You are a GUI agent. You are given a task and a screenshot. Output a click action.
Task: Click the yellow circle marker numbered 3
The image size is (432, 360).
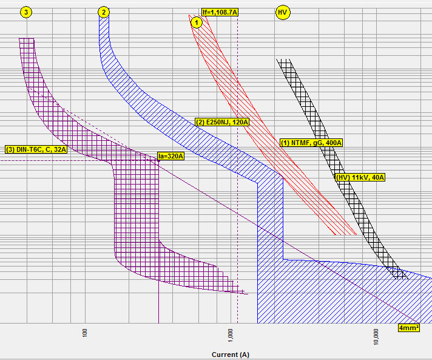click(x=25, y=12)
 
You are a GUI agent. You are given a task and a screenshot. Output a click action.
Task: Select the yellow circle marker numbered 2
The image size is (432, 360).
click(x=104, y=12)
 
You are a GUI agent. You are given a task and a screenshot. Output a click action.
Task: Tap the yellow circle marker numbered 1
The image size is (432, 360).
click(x=196, y=22)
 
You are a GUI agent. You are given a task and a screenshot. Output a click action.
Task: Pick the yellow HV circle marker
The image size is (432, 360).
click(x=282, y=12)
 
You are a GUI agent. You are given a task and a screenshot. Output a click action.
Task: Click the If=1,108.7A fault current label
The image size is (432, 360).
click(x=219, y=12)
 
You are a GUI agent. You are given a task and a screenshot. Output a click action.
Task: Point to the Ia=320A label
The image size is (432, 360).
click(x=170, y=156)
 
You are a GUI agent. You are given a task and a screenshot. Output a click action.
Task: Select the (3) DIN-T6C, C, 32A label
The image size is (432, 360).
click(x=36, y=149)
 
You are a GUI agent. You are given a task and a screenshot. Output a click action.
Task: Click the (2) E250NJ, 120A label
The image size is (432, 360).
click(x=222, y=122)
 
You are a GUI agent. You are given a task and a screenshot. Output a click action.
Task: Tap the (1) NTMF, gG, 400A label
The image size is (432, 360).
click(x=311, y=143)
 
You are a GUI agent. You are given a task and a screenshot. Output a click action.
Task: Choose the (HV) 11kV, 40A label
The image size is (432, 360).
click(x=360, y=177)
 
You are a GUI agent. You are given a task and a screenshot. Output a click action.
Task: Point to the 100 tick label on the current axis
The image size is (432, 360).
click(x=86, y=333)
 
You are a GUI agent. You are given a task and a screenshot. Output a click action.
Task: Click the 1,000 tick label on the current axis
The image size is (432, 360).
click(x=231, y=335)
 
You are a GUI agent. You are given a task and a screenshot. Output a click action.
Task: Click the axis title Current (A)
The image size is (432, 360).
click(x=231, y=354)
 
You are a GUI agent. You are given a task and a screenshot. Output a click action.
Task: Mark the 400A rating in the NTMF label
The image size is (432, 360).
click(x=333, y=143)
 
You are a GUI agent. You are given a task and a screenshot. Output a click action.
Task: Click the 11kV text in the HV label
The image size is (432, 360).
click(x=359, y=177)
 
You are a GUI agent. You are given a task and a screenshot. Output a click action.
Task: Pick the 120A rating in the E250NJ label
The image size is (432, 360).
click(x=240, y=122)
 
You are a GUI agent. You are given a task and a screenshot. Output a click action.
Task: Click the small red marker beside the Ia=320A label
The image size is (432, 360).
click(x=157, y=160)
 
